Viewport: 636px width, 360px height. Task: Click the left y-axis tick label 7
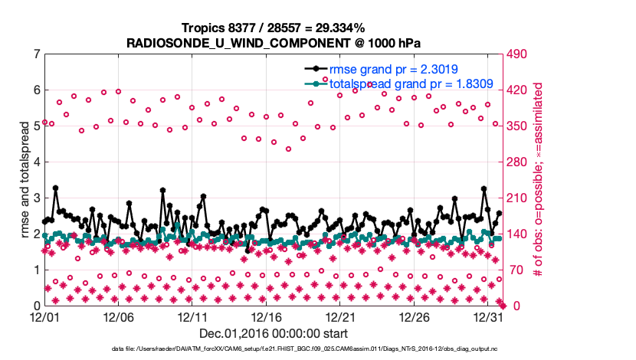point(37,54)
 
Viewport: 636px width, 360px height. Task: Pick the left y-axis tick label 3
point(37,198)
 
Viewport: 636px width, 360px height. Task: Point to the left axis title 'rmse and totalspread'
point(23,179)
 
